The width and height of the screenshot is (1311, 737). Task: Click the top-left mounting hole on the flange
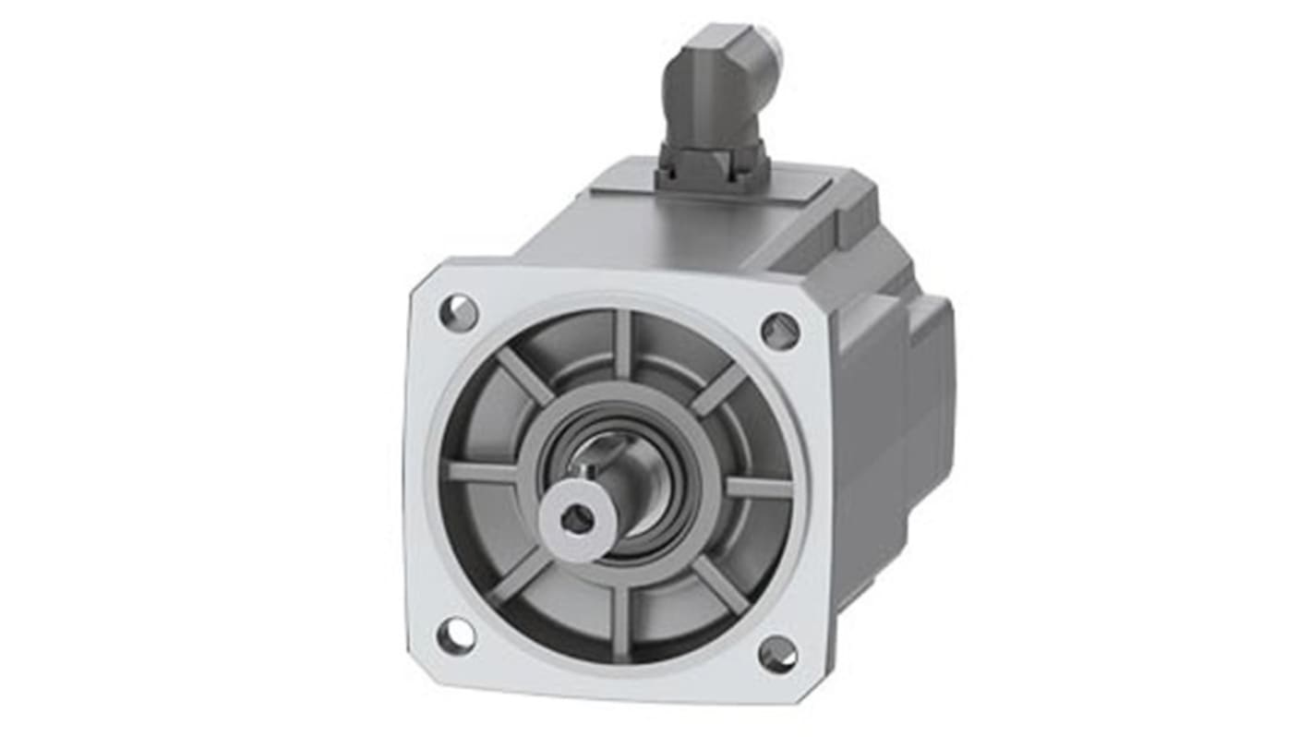click(458, 313)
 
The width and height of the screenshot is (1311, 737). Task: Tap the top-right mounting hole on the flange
click(780, 331)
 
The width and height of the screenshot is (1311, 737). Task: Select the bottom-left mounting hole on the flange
click(455, 635)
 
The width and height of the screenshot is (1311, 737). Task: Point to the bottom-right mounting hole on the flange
click(777, 654)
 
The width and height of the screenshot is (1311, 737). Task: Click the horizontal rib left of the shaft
click(482, 472)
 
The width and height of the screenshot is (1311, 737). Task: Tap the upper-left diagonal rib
click(524, 375)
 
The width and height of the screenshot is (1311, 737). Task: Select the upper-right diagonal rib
click(719, 389)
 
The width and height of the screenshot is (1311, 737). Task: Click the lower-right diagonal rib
click(719, 585)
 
